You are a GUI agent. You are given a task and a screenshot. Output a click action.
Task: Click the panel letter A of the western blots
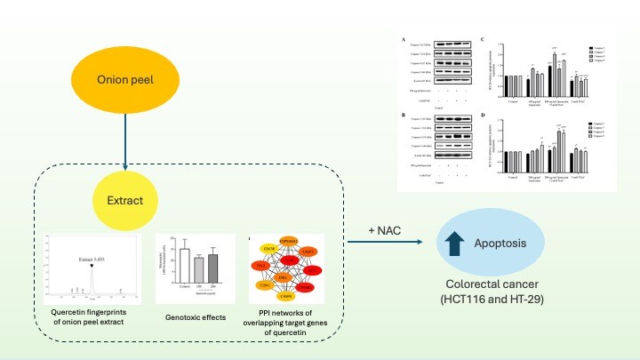402,39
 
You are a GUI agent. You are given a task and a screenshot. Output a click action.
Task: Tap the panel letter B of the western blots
402,115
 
